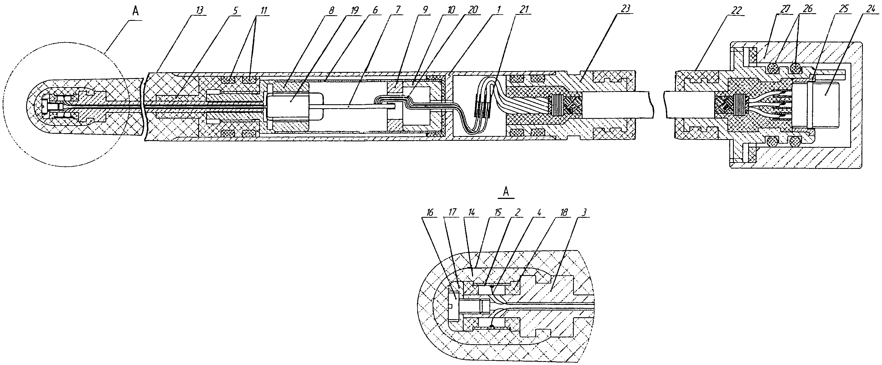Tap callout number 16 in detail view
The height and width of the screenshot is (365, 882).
(x=430, y=213)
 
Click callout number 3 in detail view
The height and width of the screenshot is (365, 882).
(x=585, y=213)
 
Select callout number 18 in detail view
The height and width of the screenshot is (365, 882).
(x=563, y=213)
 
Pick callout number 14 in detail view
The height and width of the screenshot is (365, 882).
(x=472, y=213)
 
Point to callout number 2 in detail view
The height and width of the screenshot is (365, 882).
(x=518, y=213)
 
